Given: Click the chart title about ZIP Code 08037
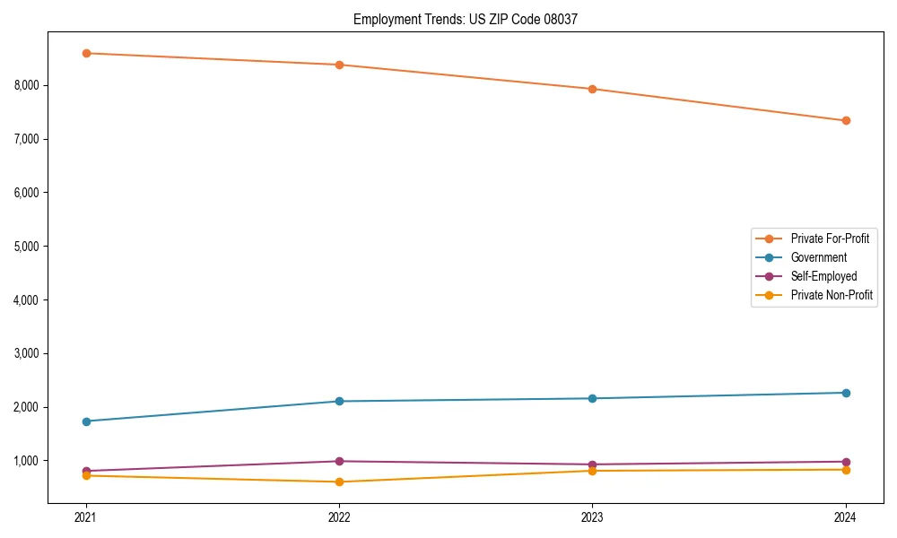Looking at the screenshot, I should coord(459,19).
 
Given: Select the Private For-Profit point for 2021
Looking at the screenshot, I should coord(86,53).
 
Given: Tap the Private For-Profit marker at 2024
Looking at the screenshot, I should coord(846,120).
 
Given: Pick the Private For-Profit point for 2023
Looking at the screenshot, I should coord(593,89).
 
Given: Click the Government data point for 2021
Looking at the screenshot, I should coord(86,421).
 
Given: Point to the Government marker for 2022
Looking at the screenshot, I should coord(339,401).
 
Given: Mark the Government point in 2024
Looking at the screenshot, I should coord(846,393).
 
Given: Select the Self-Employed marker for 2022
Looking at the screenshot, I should coord(339,461).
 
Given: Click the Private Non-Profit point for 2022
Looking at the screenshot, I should coord(339,482).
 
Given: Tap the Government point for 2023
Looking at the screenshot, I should coord(593,398).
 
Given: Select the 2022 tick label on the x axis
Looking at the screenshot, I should coord(339,517).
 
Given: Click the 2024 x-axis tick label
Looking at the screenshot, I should coord(846,517).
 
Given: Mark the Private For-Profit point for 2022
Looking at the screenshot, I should coord(339,65).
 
